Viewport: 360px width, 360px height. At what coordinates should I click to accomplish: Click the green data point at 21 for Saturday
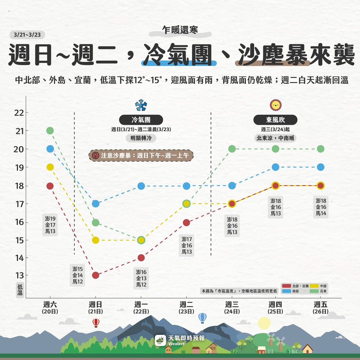tap(50, 130)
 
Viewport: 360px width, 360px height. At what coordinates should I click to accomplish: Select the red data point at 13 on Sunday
tap(96, 275)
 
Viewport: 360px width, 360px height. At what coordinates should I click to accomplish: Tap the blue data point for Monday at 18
tap(141, 186)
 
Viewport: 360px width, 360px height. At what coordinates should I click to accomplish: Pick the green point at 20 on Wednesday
tap(232, 149)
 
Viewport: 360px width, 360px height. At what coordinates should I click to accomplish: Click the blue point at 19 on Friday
tap(321, 167)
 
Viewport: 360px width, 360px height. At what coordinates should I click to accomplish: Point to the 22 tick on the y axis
tap(19, 113)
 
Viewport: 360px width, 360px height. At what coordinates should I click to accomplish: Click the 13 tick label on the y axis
tap(19, 276)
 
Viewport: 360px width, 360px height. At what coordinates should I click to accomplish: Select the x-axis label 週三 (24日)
tap(232, 307)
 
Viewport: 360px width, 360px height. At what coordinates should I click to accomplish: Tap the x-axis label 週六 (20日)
tap(50, 307)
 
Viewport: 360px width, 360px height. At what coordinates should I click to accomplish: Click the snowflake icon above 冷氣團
tap(141, 105)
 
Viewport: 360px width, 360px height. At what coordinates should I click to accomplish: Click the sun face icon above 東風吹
tap(276, 105)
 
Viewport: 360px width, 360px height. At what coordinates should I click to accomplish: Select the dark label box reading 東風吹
tap(276, 120)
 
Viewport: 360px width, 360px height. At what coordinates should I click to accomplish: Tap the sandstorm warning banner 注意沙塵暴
tap(141, 155)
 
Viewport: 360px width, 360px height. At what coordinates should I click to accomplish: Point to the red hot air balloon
tap(96, 322)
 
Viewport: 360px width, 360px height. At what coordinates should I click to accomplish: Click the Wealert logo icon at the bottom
tap(160, 340)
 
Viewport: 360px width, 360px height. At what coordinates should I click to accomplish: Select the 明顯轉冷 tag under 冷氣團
tap(141, 138)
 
